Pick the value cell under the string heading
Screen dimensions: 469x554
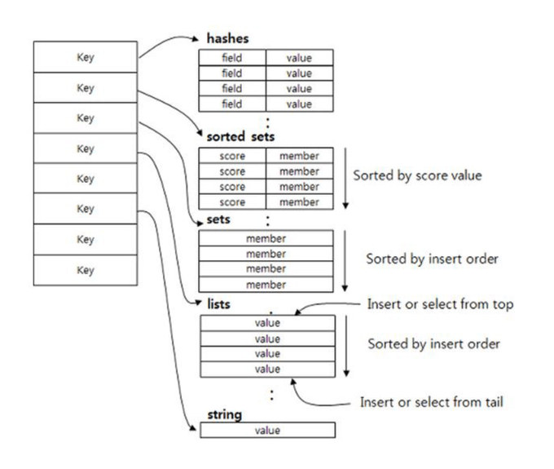pyautogui.click(x=267, y=429)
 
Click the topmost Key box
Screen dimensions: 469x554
pyautogui.click(x=85, y=57)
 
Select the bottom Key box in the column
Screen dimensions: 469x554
pyautogui.click(x=85, y=269)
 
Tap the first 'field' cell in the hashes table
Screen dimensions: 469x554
pyautogui.click(x=232, y=58)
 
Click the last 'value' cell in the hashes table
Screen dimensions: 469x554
pyautogui.click(x=300, y=104)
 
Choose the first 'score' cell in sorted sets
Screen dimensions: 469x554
pyautogui.click(x=232, y=154)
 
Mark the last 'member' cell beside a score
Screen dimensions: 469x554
pyautogui.click(x=300, y=201)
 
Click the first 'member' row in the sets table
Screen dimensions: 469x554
pyautogui.click(x=267, y=239)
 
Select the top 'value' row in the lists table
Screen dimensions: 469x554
pyautogui.click(x=267, y=323)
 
